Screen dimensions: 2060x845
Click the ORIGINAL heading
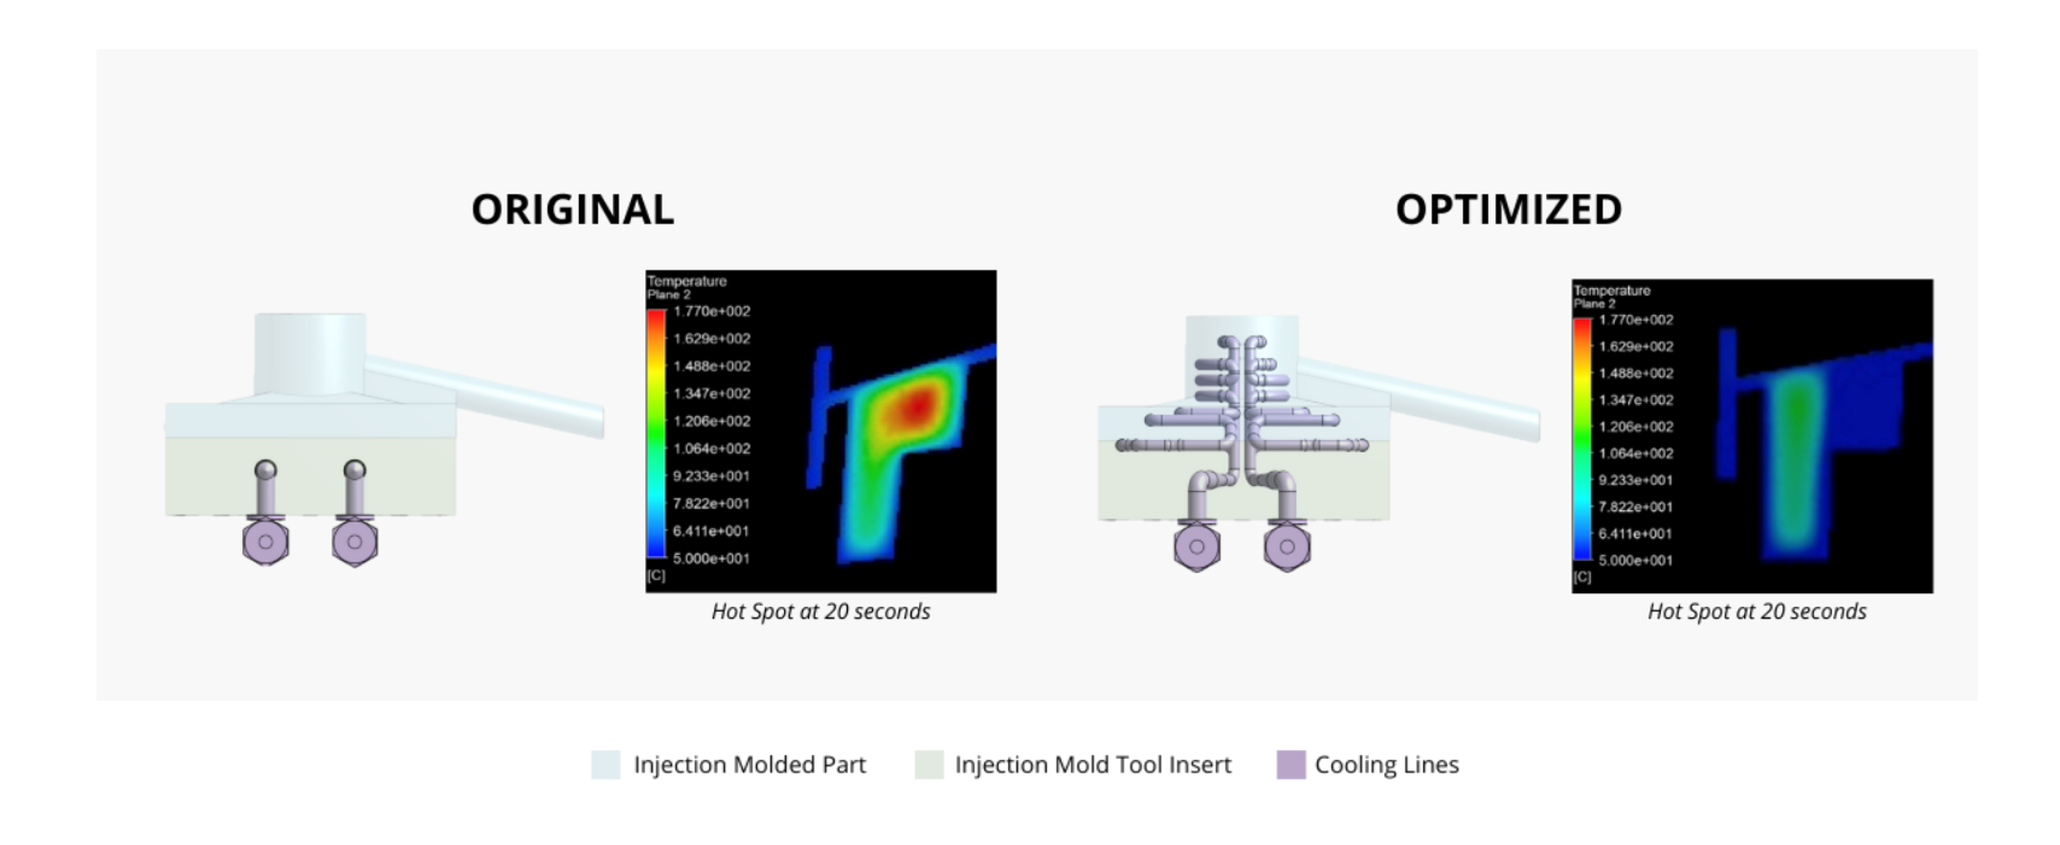pos(572,210)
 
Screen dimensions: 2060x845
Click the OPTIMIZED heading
pos(1509,210)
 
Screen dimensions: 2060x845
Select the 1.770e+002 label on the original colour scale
pos(711,311)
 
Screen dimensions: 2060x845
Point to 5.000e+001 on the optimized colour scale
pos(1635,560)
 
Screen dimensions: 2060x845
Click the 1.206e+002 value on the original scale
pos(711,421)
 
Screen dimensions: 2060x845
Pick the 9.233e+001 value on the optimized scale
pos(1635,479)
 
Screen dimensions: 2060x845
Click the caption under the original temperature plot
pos(820,612)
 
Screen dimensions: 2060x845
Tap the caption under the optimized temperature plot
pos(1757,612)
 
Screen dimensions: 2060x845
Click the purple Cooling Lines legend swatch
pos(1290,765)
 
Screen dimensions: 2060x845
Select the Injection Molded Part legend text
pos(750,765)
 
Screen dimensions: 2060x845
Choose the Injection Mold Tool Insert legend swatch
pos(929,765)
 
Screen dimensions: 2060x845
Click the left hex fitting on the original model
pos(266,541)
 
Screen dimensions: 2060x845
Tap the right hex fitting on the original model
pos(354,541)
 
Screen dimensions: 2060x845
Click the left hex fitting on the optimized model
pos(1197,546)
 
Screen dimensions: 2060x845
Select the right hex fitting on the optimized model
pos(1287,546)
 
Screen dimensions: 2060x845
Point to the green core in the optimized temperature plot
pos(1797,450)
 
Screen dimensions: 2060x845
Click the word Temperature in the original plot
pos(686,281)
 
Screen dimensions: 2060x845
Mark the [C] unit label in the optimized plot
pos(1582,577)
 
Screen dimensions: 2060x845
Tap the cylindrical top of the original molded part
pos(309,354)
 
